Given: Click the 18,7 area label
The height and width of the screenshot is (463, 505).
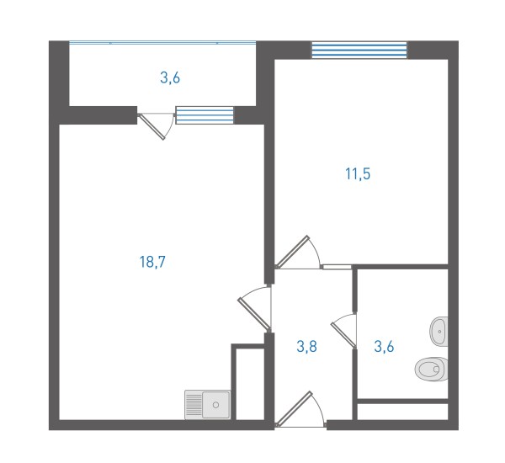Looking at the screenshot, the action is [x=152, y=262].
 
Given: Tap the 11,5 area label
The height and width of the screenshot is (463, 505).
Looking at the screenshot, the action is [x=358, y=174].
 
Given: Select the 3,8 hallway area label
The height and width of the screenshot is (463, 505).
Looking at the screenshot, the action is [x=307, y=347].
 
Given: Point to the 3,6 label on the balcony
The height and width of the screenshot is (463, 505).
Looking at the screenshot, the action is [x=170, y=78].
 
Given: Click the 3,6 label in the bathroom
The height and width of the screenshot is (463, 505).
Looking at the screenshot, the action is [x=385, y=347].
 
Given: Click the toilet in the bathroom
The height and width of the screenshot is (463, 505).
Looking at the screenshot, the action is [x=432, y=369].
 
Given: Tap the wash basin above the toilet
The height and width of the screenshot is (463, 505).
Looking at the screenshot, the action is [x=439, y=332].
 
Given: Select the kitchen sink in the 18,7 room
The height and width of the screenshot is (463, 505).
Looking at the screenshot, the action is [x=208, y=405].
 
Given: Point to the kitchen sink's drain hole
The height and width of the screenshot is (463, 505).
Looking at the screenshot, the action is [x=215, y=405].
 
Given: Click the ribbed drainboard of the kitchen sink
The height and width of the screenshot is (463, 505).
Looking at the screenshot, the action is [x=194, y=405].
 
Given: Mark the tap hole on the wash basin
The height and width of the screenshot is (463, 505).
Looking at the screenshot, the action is [x=439, y=332].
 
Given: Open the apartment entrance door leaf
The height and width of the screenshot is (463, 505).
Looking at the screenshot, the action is [x=295, y=408].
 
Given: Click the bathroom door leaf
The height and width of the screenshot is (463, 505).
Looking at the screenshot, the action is [x=343, y=335].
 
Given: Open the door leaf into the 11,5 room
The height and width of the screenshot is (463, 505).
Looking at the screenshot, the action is [x=293, y=252].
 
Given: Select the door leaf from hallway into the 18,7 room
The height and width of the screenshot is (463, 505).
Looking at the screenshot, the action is [x=254, y=315].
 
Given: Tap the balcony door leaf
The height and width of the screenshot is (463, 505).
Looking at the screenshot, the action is [x=151, y=126].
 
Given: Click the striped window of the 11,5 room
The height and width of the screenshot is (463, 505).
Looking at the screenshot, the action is [x=359, y=51].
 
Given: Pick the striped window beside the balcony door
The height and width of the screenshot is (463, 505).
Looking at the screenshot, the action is [x=205, y=115].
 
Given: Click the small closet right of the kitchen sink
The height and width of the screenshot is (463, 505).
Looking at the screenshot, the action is [x=250, y=384].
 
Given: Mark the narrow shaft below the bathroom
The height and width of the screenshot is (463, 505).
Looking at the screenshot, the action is [x=403, y=412].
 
